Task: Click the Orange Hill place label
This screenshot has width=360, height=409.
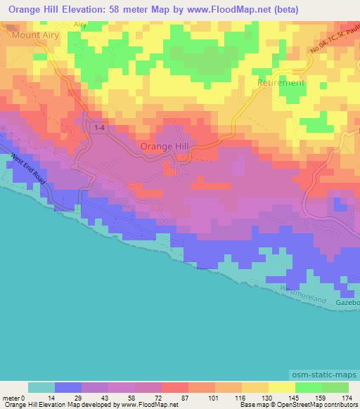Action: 165,145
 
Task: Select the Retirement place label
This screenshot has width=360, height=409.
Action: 281,82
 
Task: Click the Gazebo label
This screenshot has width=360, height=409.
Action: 347,302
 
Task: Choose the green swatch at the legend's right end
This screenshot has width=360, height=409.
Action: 335,387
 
